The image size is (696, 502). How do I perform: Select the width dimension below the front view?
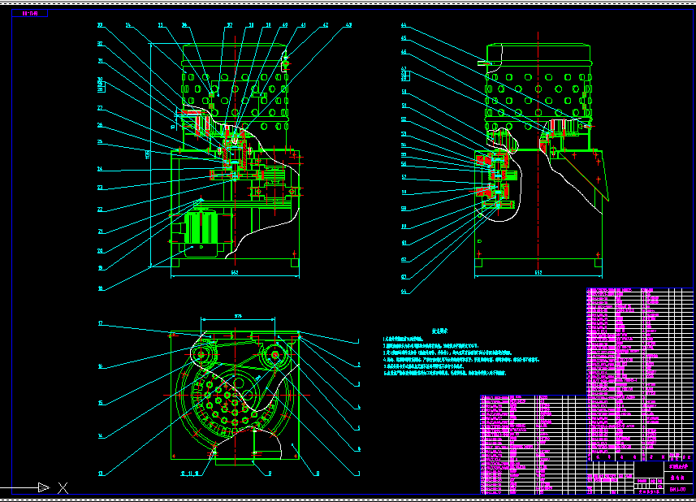pyautogui.click(x=234, y=273)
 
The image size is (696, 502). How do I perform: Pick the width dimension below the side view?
pyautogui.click(x=538, y=273)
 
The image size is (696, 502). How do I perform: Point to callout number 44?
pyautogui.click(x=404, y=26)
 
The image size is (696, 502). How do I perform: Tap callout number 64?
pyautogui.click(x=404, y=292)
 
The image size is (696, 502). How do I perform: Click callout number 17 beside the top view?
pyautogui.click(x=100, y=323)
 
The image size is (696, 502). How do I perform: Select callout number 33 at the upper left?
pyautogui.click(x=100, y=26)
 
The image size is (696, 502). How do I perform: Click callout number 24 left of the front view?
pyautogui.click(x=100, y=170)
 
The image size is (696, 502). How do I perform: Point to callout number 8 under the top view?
pyautogui.click(x=318, y=472)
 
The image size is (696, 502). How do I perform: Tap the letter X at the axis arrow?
pyautogui.click(x=63, y=487)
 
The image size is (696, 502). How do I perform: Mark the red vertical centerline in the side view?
pyautogui.click(x=538, y=146)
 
